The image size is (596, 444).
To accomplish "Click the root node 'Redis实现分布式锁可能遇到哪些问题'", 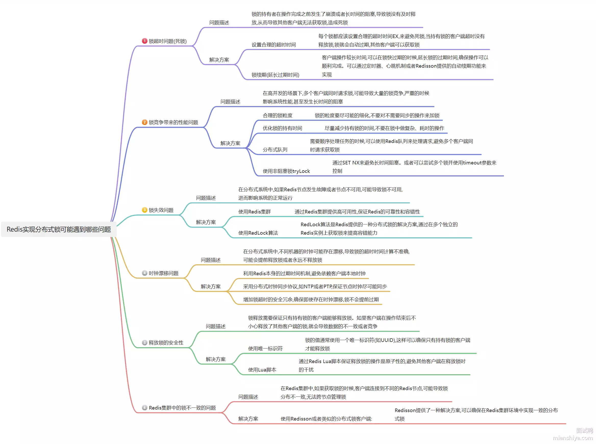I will (x=59, y=229).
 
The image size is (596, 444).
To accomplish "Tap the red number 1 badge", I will (x=144, y=41).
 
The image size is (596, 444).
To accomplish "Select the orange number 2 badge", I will (x=144, y=122).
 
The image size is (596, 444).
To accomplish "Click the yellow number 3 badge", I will (x=144, y=210).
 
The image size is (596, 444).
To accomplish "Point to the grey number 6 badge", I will (x=144, y=408).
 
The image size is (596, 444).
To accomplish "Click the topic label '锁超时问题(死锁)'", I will (x=168, y=41).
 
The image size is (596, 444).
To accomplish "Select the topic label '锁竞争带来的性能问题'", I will (x=173, y=123).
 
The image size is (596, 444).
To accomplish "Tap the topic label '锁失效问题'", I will (x=161, y=210).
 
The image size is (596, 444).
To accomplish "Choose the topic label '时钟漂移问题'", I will (x=163, y=273).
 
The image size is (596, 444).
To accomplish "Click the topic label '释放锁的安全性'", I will (x=166, y=343).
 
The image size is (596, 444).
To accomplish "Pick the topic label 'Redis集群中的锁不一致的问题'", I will (x=182, y=408).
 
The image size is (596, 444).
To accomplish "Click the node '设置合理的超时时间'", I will (x=274, y=45).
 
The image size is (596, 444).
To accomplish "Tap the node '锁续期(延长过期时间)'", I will (x=275, y=75).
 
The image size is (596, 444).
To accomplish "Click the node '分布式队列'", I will (x=275, y=150).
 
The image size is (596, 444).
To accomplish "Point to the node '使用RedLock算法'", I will (x=258, y=233).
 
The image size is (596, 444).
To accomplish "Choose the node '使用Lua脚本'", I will (x=262, y=370).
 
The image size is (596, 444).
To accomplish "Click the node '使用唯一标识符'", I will (x=265, y=349).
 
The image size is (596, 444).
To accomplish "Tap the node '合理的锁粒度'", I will (x=277, y=116).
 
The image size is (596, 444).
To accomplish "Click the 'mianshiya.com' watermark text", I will (x=573, y=438).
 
